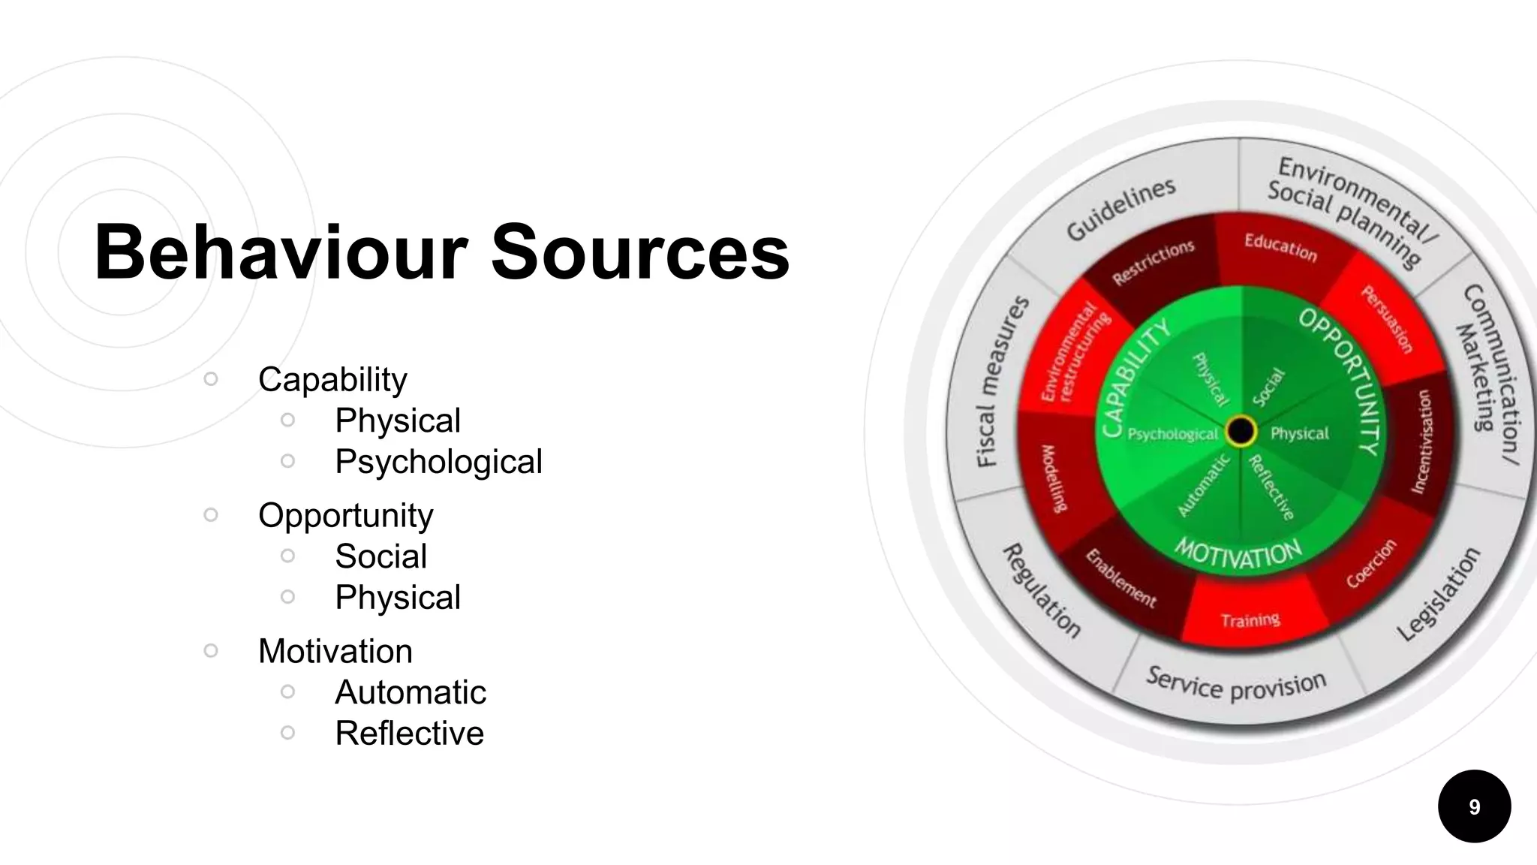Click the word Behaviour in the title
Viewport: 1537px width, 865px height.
click(281, 252)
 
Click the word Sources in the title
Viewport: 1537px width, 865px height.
click(639, 252)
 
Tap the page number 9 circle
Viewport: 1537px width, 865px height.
click(1474, 806)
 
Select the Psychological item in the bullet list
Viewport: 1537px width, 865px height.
click(438, 461)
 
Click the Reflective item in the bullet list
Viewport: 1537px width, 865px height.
click(409, 733)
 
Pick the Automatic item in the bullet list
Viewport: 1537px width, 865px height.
click(411, 692)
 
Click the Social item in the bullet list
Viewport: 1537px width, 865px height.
click(380, 556)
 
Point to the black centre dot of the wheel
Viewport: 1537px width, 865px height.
click(1241, 431)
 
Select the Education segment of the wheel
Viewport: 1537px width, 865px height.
click(1280, 247)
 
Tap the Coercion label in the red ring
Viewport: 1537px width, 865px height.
click(1371, 563)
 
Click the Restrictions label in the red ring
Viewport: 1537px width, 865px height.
click(1153, 262)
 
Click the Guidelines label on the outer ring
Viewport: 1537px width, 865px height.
click(1120, 209)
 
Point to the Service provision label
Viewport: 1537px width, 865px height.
click(1236, 684)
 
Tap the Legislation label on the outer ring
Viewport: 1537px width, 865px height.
click(1439, 594)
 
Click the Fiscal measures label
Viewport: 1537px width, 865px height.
click(1002, 381)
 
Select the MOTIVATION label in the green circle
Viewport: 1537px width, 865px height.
click(1238, 554)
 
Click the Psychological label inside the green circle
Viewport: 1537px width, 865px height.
click(1172, 434)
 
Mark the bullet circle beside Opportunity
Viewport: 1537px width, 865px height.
click(211, 514)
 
